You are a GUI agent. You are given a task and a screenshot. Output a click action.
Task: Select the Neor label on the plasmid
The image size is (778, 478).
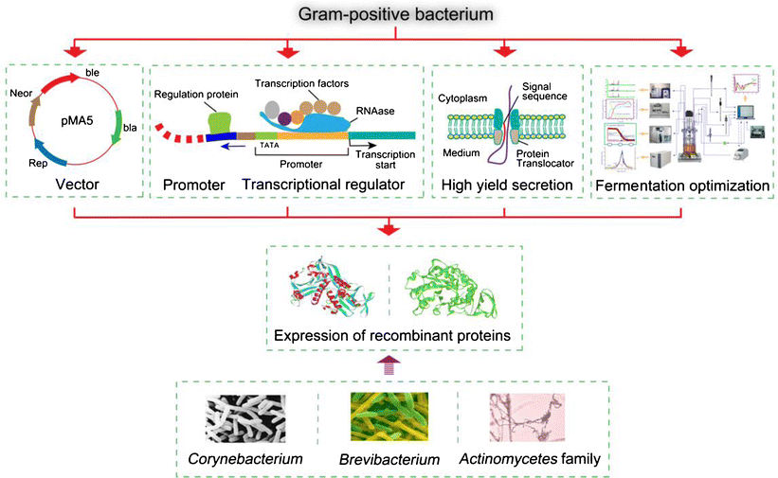(21, 95)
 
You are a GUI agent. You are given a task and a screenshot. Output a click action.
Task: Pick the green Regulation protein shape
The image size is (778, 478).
(220, 119)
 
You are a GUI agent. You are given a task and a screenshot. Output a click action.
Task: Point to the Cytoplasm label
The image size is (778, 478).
(461, 97)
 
